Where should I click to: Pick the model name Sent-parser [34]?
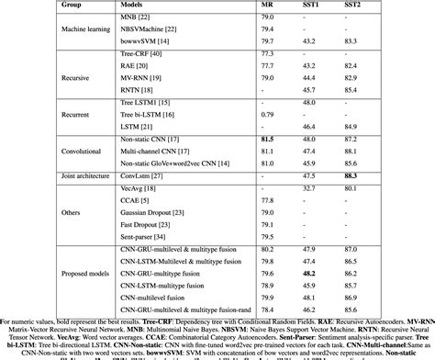pyautogui.click(x=140, y=236)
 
